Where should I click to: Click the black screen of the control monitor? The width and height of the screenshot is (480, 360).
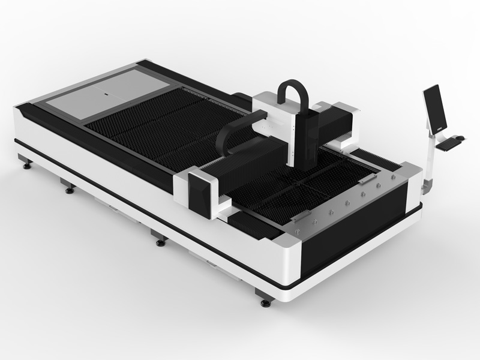click(x=435, y=108)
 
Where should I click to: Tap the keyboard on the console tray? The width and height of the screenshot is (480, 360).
click(x=447, y=142)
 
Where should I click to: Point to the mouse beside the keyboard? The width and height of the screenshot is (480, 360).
click(x=460, y=137)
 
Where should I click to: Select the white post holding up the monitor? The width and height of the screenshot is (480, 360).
click(x=429, y=159)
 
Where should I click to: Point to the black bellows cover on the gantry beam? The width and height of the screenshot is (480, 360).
click(x=240, y=165)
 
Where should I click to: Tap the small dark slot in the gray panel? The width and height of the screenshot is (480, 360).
click(x=106, y=94)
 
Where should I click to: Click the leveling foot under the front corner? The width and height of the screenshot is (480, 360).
click(x=265, y=301)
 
